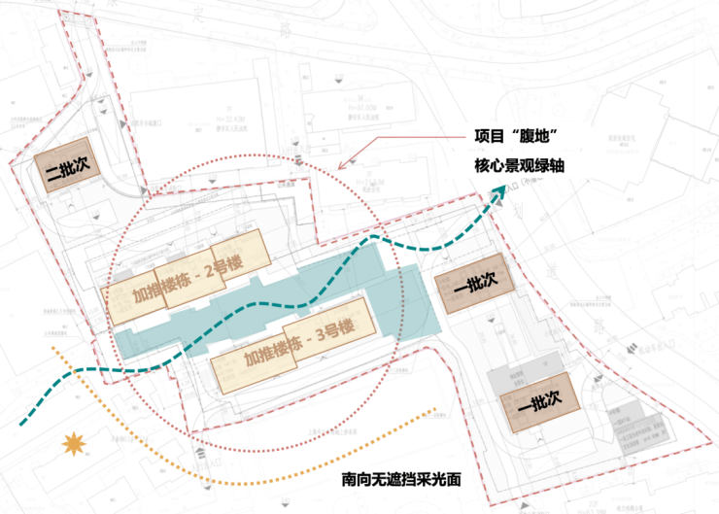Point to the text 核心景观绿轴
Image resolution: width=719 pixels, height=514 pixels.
point(519,166)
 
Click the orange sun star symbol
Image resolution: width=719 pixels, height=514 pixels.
point(74,445)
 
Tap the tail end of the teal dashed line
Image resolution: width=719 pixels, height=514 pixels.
point(21,424)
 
